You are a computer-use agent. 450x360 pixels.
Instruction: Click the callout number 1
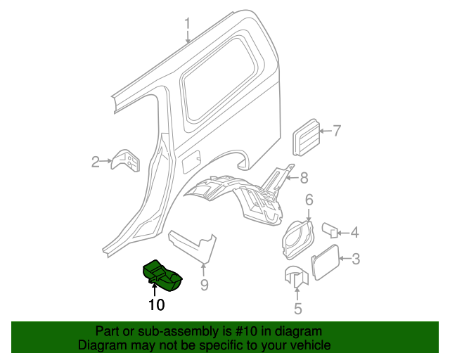pyautogui.click(x=188, y=26)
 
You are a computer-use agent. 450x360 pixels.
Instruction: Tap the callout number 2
pyautogui.click(x=96, y=162)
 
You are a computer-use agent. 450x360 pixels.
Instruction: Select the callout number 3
pyautogui.click(x=356, y=259)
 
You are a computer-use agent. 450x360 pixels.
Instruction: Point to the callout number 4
pyautogui.click(x=355, y=231)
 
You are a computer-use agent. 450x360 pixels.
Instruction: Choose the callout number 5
pyautogui.click(x=297, y=308)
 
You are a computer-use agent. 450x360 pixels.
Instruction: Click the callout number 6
pyautogui.click(x=309, y=200)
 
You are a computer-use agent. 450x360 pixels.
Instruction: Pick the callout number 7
pyautogui.click(x=336, y=130)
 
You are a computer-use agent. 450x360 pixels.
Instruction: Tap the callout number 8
pyautogui.click(x=304, y=177)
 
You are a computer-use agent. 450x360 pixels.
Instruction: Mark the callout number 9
pyautogui.click(x=204, y=285)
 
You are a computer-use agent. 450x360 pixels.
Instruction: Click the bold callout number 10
pyautogui.click(x=156, y=304)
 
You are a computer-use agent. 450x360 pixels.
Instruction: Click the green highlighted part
pyautogui.click(x=162, y=275)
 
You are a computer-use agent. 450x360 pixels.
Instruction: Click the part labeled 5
pyautogui.click(x=296, y=277)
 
